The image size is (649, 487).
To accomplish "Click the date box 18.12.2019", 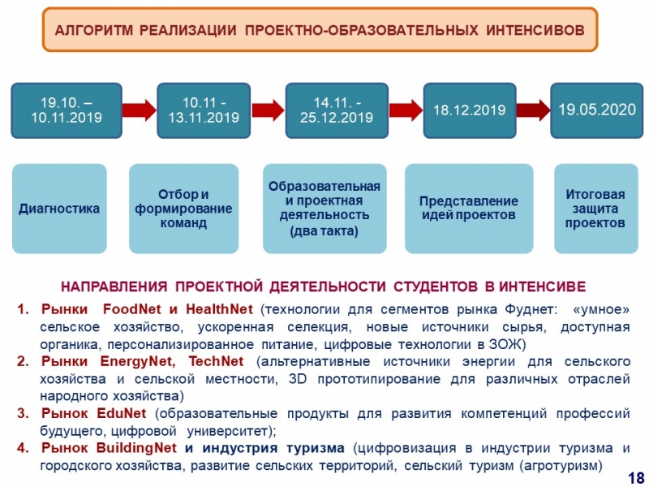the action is [470, 110].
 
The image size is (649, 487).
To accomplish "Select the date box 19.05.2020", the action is [596, 110].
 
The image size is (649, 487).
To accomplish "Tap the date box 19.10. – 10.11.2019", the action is [67, 110].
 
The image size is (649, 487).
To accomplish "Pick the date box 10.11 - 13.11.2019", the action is [204, 110].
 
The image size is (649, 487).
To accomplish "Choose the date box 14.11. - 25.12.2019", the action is [337, 110].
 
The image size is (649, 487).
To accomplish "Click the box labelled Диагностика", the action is [59, 209].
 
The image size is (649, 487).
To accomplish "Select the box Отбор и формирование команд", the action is [183, 209].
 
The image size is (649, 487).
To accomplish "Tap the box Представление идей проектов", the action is [469, 209].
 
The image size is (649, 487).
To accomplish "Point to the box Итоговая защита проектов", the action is [595, 209].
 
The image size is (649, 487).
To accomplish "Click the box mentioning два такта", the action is [324, 209].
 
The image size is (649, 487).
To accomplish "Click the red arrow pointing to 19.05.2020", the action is [533, 110].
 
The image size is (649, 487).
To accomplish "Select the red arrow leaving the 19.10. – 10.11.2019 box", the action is [140, 110].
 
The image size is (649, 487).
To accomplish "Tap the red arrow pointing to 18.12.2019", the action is [406, 110].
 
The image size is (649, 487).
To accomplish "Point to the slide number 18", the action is [636, 477].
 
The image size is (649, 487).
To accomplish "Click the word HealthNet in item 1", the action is [219, 309].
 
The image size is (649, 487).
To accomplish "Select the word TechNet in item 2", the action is [216, 361].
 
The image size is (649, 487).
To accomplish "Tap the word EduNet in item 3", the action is [121, 413].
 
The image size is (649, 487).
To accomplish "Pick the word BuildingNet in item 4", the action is [136, 448].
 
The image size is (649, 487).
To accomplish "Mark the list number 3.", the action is [23, 413].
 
